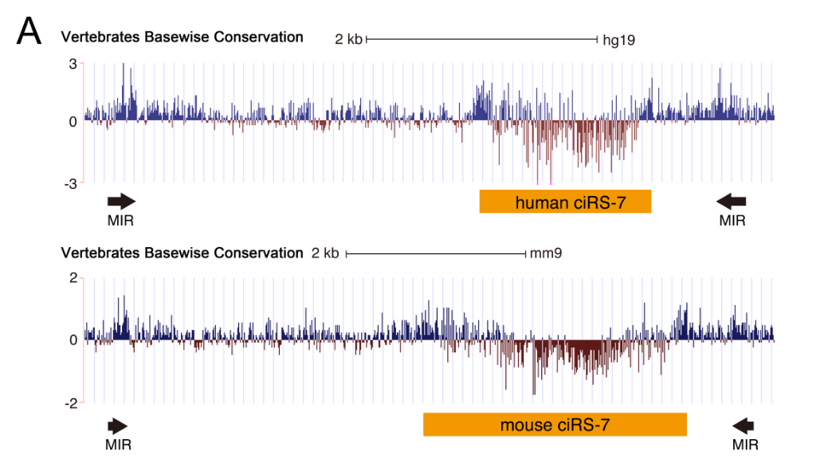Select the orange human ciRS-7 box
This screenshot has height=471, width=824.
tap(565, 202)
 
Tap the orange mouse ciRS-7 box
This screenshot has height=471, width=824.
tap(555, 425)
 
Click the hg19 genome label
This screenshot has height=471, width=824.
tap(618, 39)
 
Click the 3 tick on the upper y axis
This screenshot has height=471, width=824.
tap(72, 63)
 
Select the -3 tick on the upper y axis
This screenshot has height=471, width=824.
tap(69, 183)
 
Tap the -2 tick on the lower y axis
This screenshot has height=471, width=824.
tap(69, 403)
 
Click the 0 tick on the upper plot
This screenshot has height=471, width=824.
tap(72, 121)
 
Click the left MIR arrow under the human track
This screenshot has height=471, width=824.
tap(121, 201)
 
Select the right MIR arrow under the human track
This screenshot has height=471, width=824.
tap(731, 201)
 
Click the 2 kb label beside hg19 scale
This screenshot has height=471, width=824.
tap(348, 39)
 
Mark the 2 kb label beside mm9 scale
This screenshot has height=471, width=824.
tap(325, 254)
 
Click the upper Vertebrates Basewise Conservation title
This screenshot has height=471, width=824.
tap(182, 37)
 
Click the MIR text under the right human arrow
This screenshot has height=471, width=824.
tap(732, 220)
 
